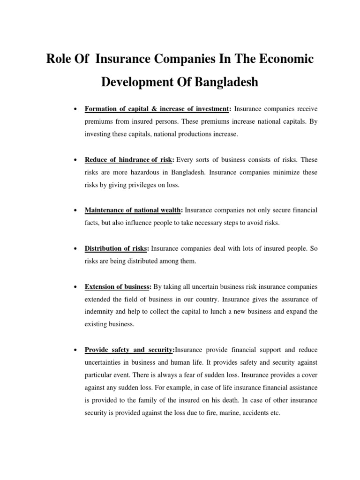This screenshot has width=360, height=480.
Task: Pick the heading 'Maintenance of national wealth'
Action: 133,210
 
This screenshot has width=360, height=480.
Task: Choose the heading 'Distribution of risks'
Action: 116,248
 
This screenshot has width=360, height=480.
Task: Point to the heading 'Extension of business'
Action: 118,286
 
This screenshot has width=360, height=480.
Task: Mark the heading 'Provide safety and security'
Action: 128,350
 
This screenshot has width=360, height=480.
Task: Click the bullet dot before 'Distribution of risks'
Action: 75,249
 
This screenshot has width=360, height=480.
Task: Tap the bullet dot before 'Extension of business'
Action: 75,287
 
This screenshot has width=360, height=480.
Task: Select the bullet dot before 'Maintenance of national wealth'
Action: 75,211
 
